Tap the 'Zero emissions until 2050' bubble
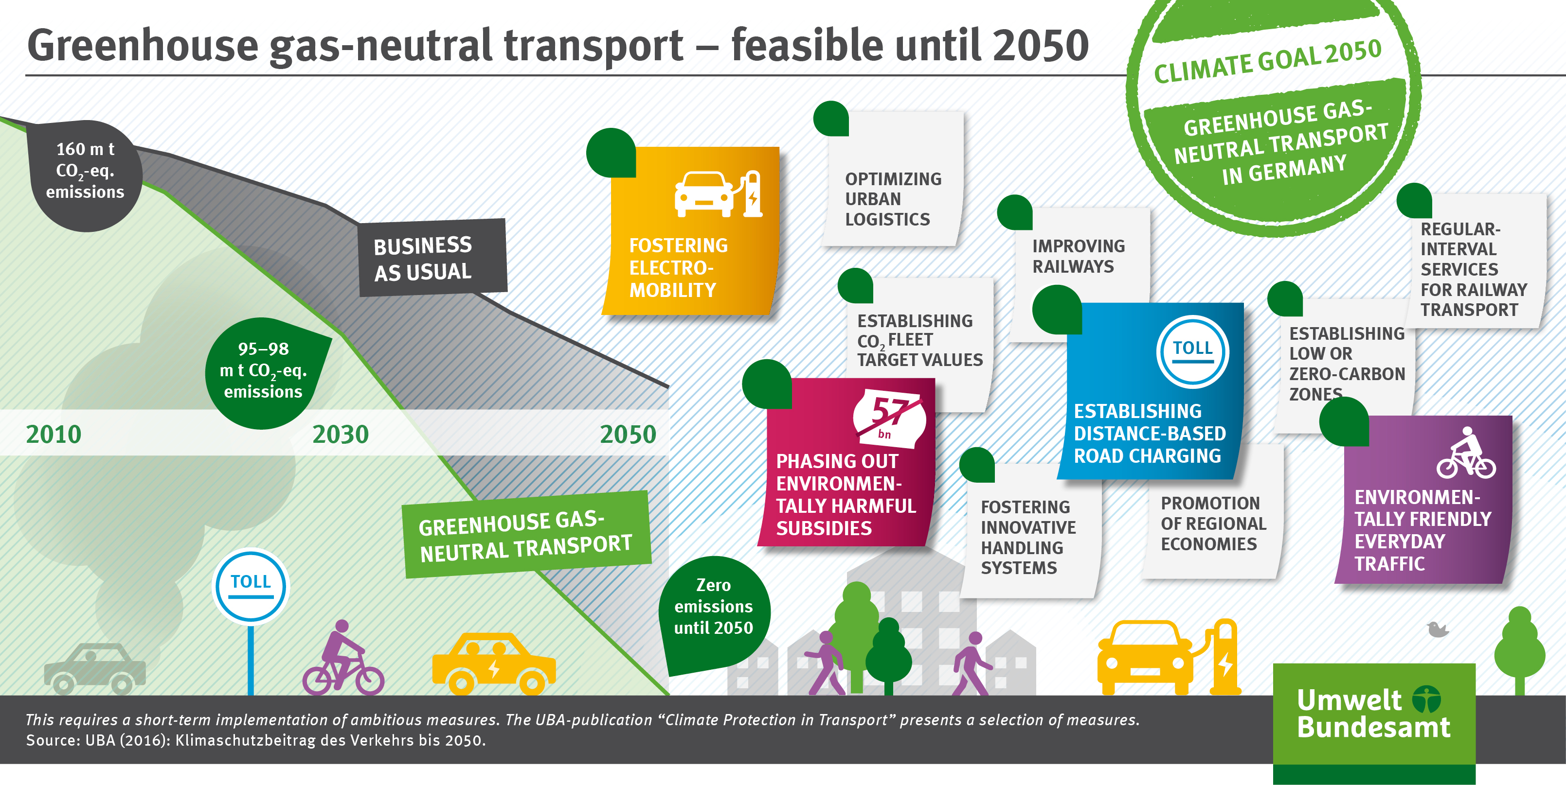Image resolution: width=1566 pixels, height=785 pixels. (x=714, y=611)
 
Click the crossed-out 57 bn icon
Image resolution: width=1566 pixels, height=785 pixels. (x=889, y=416)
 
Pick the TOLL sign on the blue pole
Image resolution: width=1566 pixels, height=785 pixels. (x=251, y=586)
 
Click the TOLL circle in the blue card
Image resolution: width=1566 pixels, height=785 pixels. (x=1192, y=351)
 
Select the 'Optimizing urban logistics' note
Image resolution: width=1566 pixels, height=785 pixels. (x=892, y=179)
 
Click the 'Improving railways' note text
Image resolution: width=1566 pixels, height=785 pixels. (x=1079, y=256)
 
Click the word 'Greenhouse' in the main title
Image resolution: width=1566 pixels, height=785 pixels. (x=144, y=46)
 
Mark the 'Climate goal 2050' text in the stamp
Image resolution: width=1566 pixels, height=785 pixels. (x=1267, y=61)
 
